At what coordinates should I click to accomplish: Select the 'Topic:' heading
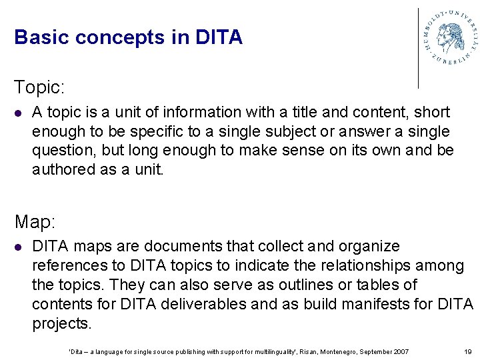click(x=39, y=87)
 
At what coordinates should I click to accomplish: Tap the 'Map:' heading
click(x=35, y=221)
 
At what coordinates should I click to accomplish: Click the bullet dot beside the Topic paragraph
click(x=19, y=113)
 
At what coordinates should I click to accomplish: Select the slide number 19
click(x=467, y=351)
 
